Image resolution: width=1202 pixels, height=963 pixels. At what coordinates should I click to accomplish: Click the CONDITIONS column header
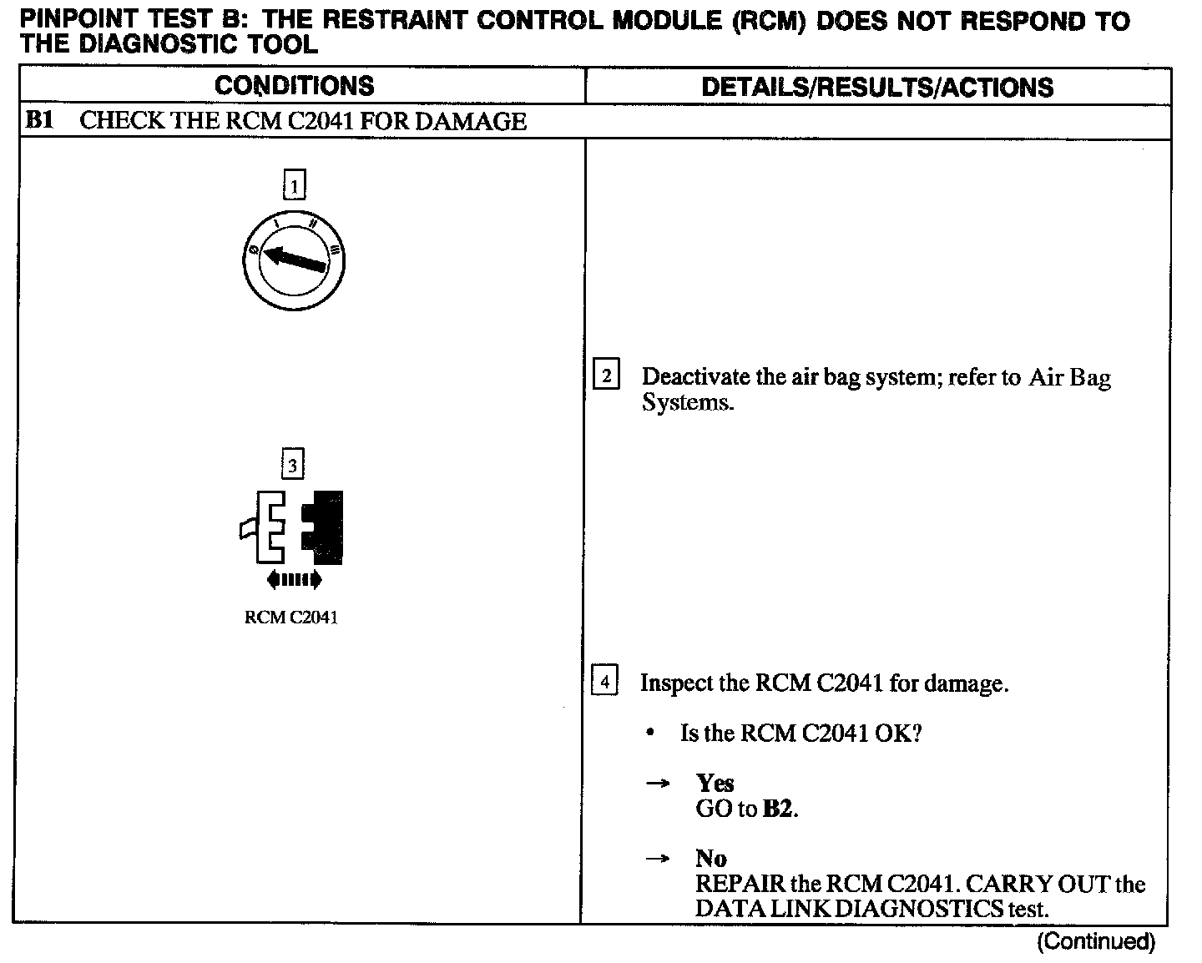click(x=294, y=86)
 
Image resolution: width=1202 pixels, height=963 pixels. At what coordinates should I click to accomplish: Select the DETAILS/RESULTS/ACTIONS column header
click(x=876, y=87)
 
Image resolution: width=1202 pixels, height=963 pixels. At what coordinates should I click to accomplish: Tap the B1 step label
click(x=38, y=121)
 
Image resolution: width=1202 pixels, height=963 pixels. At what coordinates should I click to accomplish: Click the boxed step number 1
click(x=295, y=185)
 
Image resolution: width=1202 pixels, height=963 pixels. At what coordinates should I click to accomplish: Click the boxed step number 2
click(x=606, y=376)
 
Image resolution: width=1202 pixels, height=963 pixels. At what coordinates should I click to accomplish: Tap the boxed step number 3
click(x=292, y=464)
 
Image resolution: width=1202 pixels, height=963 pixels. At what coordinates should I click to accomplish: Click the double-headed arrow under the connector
click(x=293, y=579)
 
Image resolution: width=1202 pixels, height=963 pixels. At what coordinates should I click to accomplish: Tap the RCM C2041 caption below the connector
click(x=291, y=618)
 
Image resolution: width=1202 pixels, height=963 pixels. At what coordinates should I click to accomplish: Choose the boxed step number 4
click(x=604, y=683)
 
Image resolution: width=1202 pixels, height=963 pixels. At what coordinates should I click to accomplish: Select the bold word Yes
click(x=715, y=783)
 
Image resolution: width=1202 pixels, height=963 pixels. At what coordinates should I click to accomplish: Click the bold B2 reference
click(x=777, y=809)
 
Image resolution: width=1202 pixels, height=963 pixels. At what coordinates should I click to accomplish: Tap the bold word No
click(x=710, y=859)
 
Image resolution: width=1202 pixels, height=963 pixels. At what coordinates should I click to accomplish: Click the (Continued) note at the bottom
click(x=1095, y=942)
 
